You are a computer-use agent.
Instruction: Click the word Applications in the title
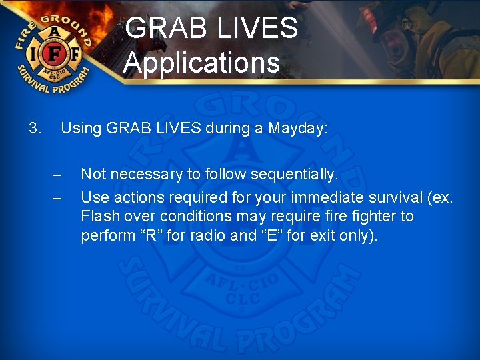point(201,63)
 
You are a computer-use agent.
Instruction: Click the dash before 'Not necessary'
point(57,175)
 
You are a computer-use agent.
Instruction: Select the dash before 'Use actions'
point(57,198)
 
